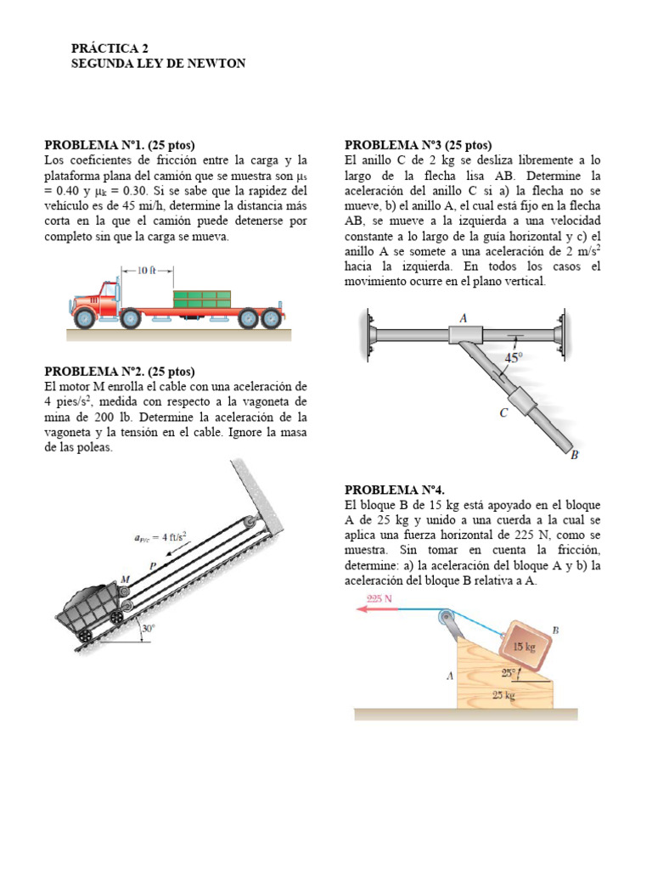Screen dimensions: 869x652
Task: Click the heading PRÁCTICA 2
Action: point(110,49)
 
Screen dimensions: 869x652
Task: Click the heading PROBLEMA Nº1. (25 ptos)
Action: point(125,145)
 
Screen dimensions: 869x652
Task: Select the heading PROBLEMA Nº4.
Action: point(394,490)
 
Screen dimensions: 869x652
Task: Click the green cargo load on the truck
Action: point(202,299)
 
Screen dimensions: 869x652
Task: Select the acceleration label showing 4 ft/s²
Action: point(160,536)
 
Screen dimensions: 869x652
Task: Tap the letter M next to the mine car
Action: point(125,580)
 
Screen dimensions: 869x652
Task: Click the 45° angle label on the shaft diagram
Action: point(514,358)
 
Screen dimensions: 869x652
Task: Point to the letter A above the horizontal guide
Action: point(464,317)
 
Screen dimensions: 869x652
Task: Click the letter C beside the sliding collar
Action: point(504,413)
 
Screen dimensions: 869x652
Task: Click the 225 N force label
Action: point(378,598)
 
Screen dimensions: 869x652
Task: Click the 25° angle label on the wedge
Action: point(509,672)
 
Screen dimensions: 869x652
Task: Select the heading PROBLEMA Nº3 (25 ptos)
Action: point(418,145)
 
